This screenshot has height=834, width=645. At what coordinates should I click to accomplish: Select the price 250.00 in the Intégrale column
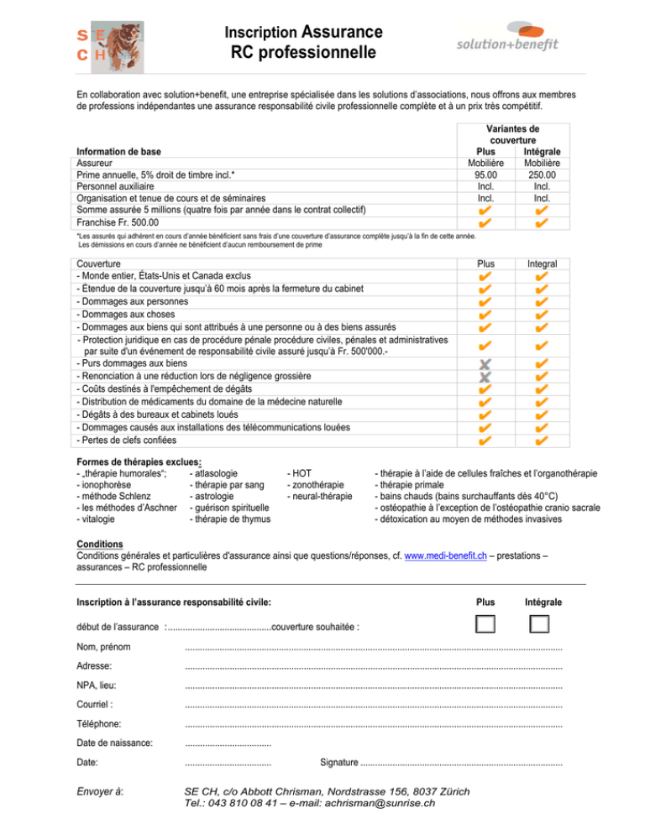click(x=542, y=175)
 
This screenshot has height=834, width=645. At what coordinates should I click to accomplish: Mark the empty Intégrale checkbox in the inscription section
click(x=539, y=623)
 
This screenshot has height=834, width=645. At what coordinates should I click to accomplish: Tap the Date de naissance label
click(x=114, y=743)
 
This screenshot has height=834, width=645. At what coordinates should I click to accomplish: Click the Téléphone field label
click(x=98, y=723)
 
